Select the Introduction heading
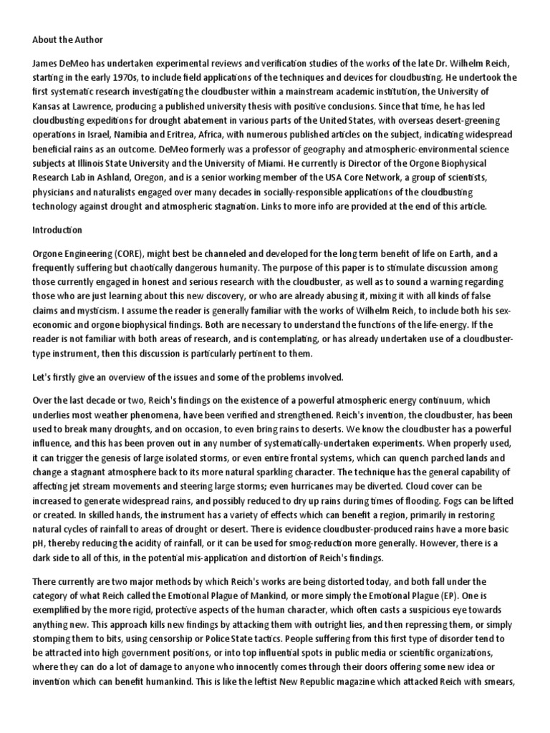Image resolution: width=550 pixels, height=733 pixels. (x=57, y=230)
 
